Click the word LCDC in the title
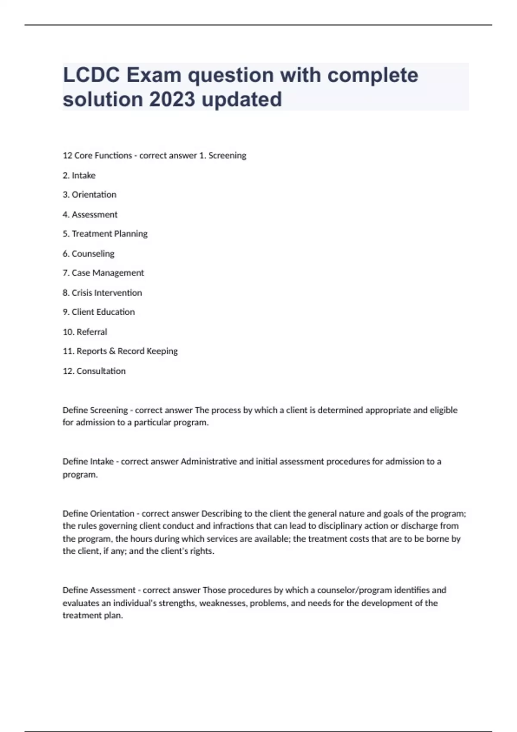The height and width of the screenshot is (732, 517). (91, 75)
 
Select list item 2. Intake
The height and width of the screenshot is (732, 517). (79, 175)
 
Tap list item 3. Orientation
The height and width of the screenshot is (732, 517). (90, 195)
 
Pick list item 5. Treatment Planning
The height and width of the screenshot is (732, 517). (105, 234)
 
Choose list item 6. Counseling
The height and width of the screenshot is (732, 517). (89, 254)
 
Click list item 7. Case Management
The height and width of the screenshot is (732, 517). (103, 273)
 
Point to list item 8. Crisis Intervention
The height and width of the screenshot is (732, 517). (102, 293)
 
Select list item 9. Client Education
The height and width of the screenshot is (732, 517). (99, 312)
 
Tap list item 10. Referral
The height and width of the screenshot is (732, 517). (85, 332)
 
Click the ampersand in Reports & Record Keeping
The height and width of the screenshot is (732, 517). (112, 351)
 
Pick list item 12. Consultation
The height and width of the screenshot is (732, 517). (94, 371)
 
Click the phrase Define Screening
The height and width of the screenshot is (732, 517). (95, 410)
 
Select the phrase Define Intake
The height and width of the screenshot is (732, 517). (88, 462)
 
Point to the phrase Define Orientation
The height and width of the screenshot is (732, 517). (99, 514)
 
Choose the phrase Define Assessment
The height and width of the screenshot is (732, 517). (99, 590)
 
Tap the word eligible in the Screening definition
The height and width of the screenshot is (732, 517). (443, 410)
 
